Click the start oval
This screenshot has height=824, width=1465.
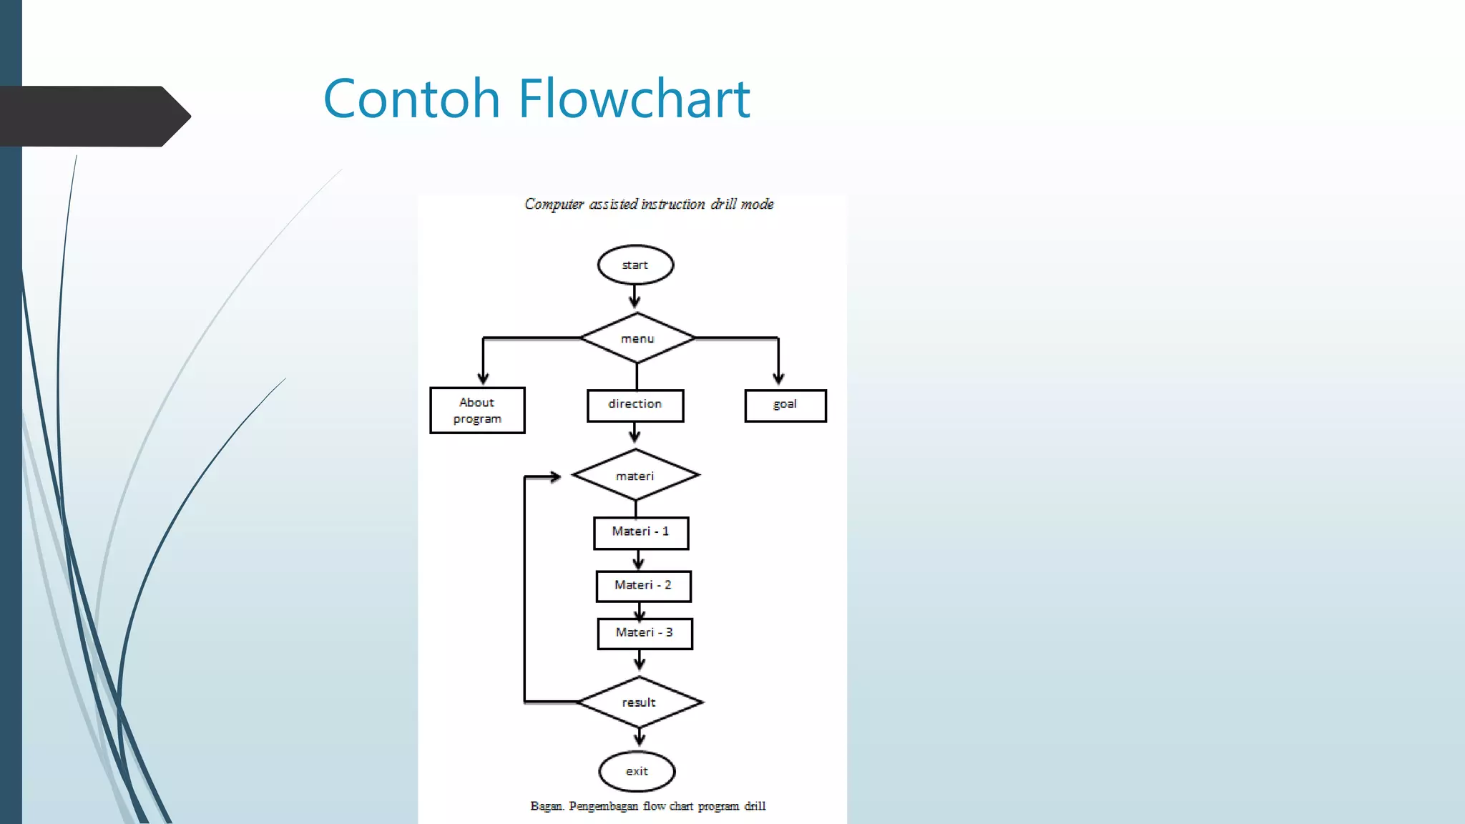coord(635,265)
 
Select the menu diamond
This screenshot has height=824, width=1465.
coord(637,338)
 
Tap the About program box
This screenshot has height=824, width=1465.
coord(477,411)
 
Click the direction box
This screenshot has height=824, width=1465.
coord(635,405)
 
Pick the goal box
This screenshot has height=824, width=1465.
coord(785,405)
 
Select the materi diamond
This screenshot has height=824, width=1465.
coord(635,476)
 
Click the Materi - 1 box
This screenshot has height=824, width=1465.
coord(641,532)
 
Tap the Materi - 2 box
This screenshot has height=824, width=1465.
coord(643,586)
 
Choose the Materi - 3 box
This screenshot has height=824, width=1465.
coord(645,633)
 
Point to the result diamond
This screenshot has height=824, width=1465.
coord(639,702)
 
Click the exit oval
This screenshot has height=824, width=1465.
coord(637,771)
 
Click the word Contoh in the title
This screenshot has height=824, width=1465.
coord(411,99)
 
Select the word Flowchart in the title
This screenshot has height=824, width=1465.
coord(634,99)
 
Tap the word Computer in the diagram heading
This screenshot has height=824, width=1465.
coord(554,205)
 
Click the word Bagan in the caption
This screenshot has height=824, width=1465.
coord(547,806)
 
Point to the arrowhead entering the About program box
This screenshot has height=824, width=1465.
coord(484,378)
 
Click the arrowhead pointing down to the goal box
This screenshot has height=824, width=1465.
coord(778,378)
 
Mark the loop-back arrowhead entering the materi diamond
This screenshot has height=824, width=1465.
coord(554,477)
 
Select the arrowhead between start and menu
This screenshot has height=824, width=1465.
coord(634,302)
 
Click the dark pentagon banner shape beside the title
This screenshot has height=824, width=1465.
coord(93,116)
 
